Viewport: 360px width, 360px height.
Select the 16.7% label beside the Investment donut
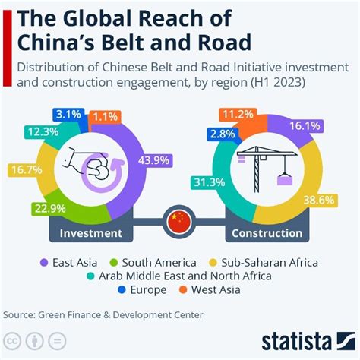pos(24,171)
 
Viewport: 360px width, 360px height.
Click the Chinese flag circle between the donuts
pos(180,221)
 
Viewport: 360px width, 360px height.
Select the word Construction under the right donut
pos(267,233)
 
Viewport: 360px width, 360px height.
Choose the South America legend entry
pos(162,262)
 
